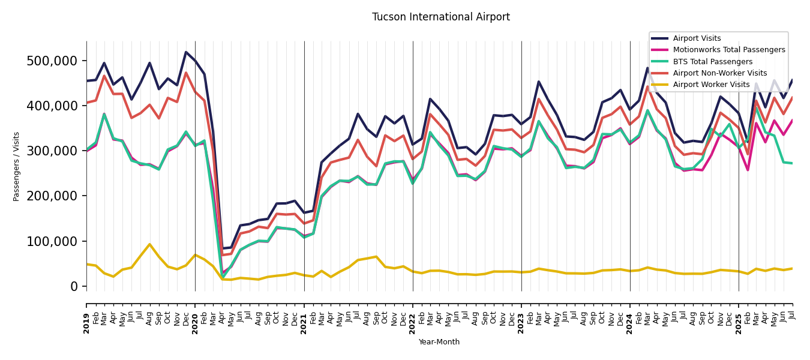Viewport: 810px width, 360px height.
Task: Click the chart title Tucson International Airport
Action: pyautogui.click(x=440, y=17)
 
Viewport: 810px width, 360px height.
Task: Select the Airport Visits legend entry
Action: pyautogui.click(x=697, y=38)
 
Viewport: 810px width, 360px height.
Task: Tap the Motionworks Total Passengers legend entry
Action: pyautogui.click(x=728, y=50)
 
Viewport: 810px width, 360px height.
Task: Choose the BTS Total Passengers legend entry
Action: pyautogui.click(x=712, y=62)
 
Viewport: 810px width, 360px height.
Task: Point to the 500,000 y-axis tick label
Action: pyautogui.click(x=52, y=61)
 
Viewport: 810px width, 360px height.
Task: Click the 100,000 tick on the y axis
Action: pyautogui.click(x=52, y=241)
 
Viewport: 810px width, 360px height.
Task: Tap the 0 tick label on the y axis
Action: pyautogui.click(x=74, y=286)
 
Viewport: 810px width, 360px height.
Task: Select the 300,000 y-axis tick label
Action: pyautogui.click(x=52, y=151)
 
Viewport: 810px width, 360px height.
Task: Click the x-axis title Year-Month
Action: pyautogui.click(x=439, y=342)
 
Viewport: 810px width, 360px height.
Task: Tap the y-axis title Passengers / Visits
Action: pyautogui.click(x=17, y=166)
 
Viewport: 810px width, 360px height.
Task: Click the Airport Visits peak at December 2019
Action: pyautogui.click(x=186, y=52)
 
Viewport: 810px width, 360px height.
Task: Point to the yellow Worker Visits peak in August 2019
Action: pyautogui.click(x=149, y=244)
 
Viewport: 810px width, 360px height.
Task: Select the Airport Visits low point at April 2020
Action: pyautogui.click(x=222, y=248)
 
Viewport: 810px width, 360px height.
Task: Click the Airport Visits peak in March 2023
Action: pyautogui.click(x=539, y=82)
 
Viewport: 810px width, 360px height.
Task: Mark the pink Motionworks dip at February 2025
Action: pyautogui.click(x=748, y=170)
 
